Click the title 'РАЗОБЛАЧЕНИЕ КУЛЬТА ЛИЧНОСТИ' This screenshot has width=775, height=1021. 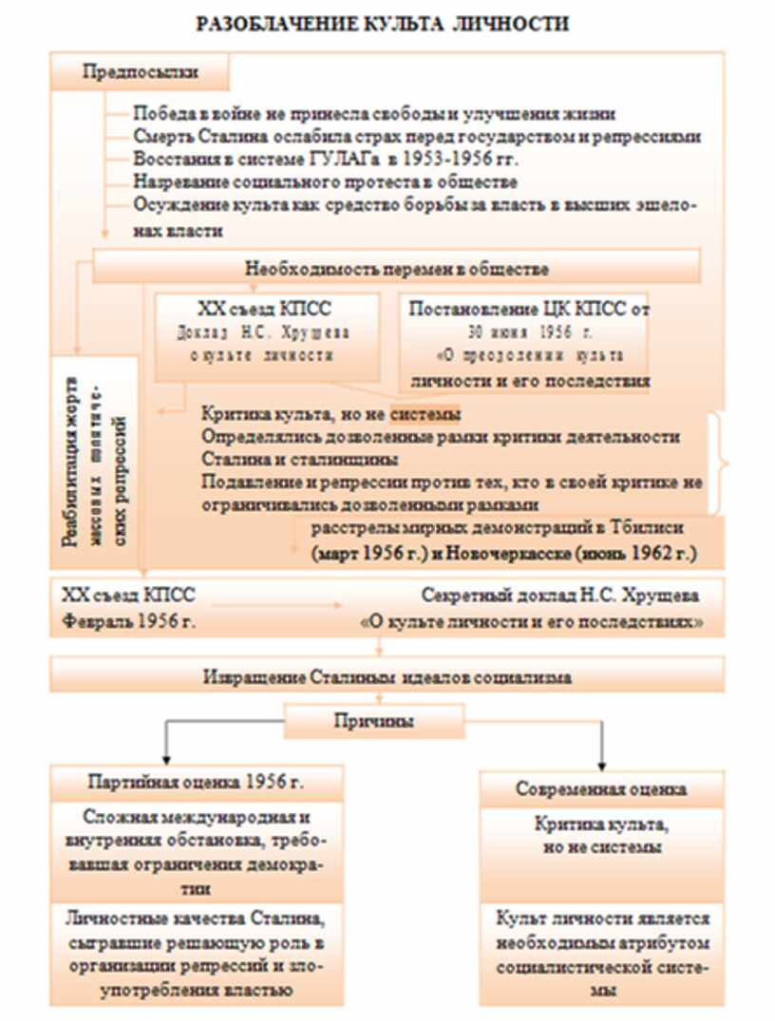(x=383, y=24)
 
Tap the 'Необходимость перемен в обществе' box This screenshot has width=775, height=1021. (x=397, y=269)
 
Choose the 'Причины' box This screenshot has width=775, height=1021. (x=372, y=721)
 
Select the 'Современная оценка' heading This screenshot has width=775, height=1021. (x=601, y=789)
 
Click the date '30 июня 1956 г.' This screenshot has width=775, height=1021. (x=529, y=333)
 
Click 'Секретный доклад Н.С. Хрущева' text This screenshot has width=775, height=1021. (x=560, y=596)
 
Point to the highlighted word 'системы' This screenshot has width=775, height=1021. (x=425, y=415)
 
